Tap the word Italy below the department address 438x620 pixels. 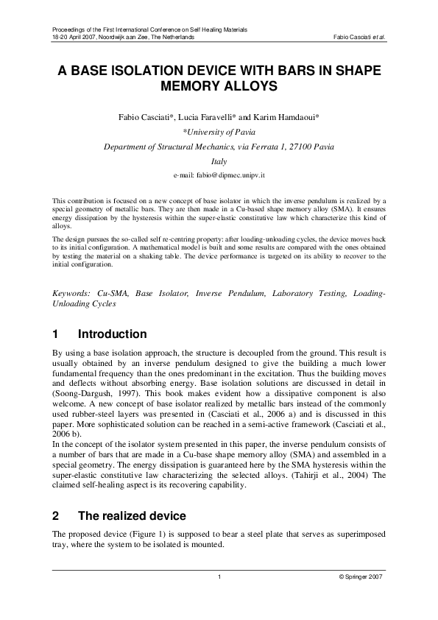pos(219,161)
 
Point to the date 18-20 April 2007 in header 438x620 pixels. pos(71,36)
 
